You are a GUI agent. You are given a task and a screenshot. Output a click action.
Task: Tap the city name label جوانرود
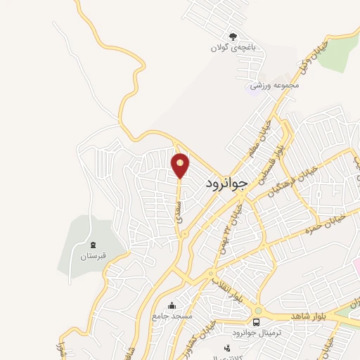[227, 184]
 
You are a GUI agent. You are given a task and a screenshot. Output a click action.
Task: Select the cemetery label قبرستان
[92, 257]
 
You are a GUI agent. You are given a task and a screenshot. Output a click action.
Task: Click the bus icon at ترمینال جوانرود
[256, 321]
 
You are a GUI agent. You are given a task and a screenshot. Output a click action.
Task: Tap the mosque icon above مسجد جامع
[172, 305]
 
